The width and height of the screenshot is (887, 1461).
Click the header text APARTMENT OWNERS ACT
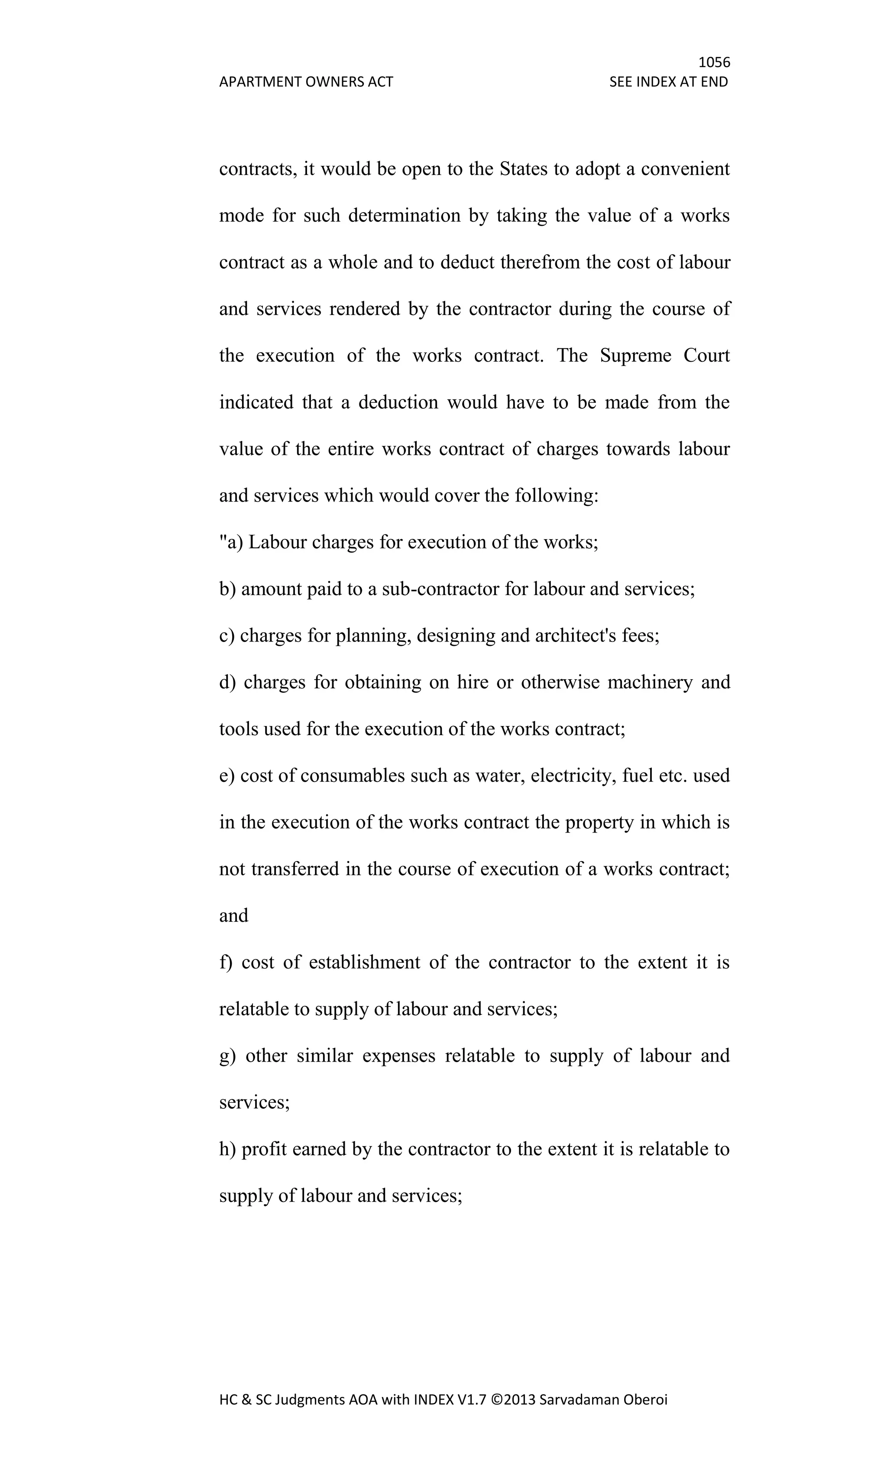point(306,82)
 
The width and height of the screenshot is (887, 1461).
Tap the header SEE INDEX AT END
point(668,82)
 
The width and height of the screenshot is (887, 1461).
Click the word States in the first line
point(524,169)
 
